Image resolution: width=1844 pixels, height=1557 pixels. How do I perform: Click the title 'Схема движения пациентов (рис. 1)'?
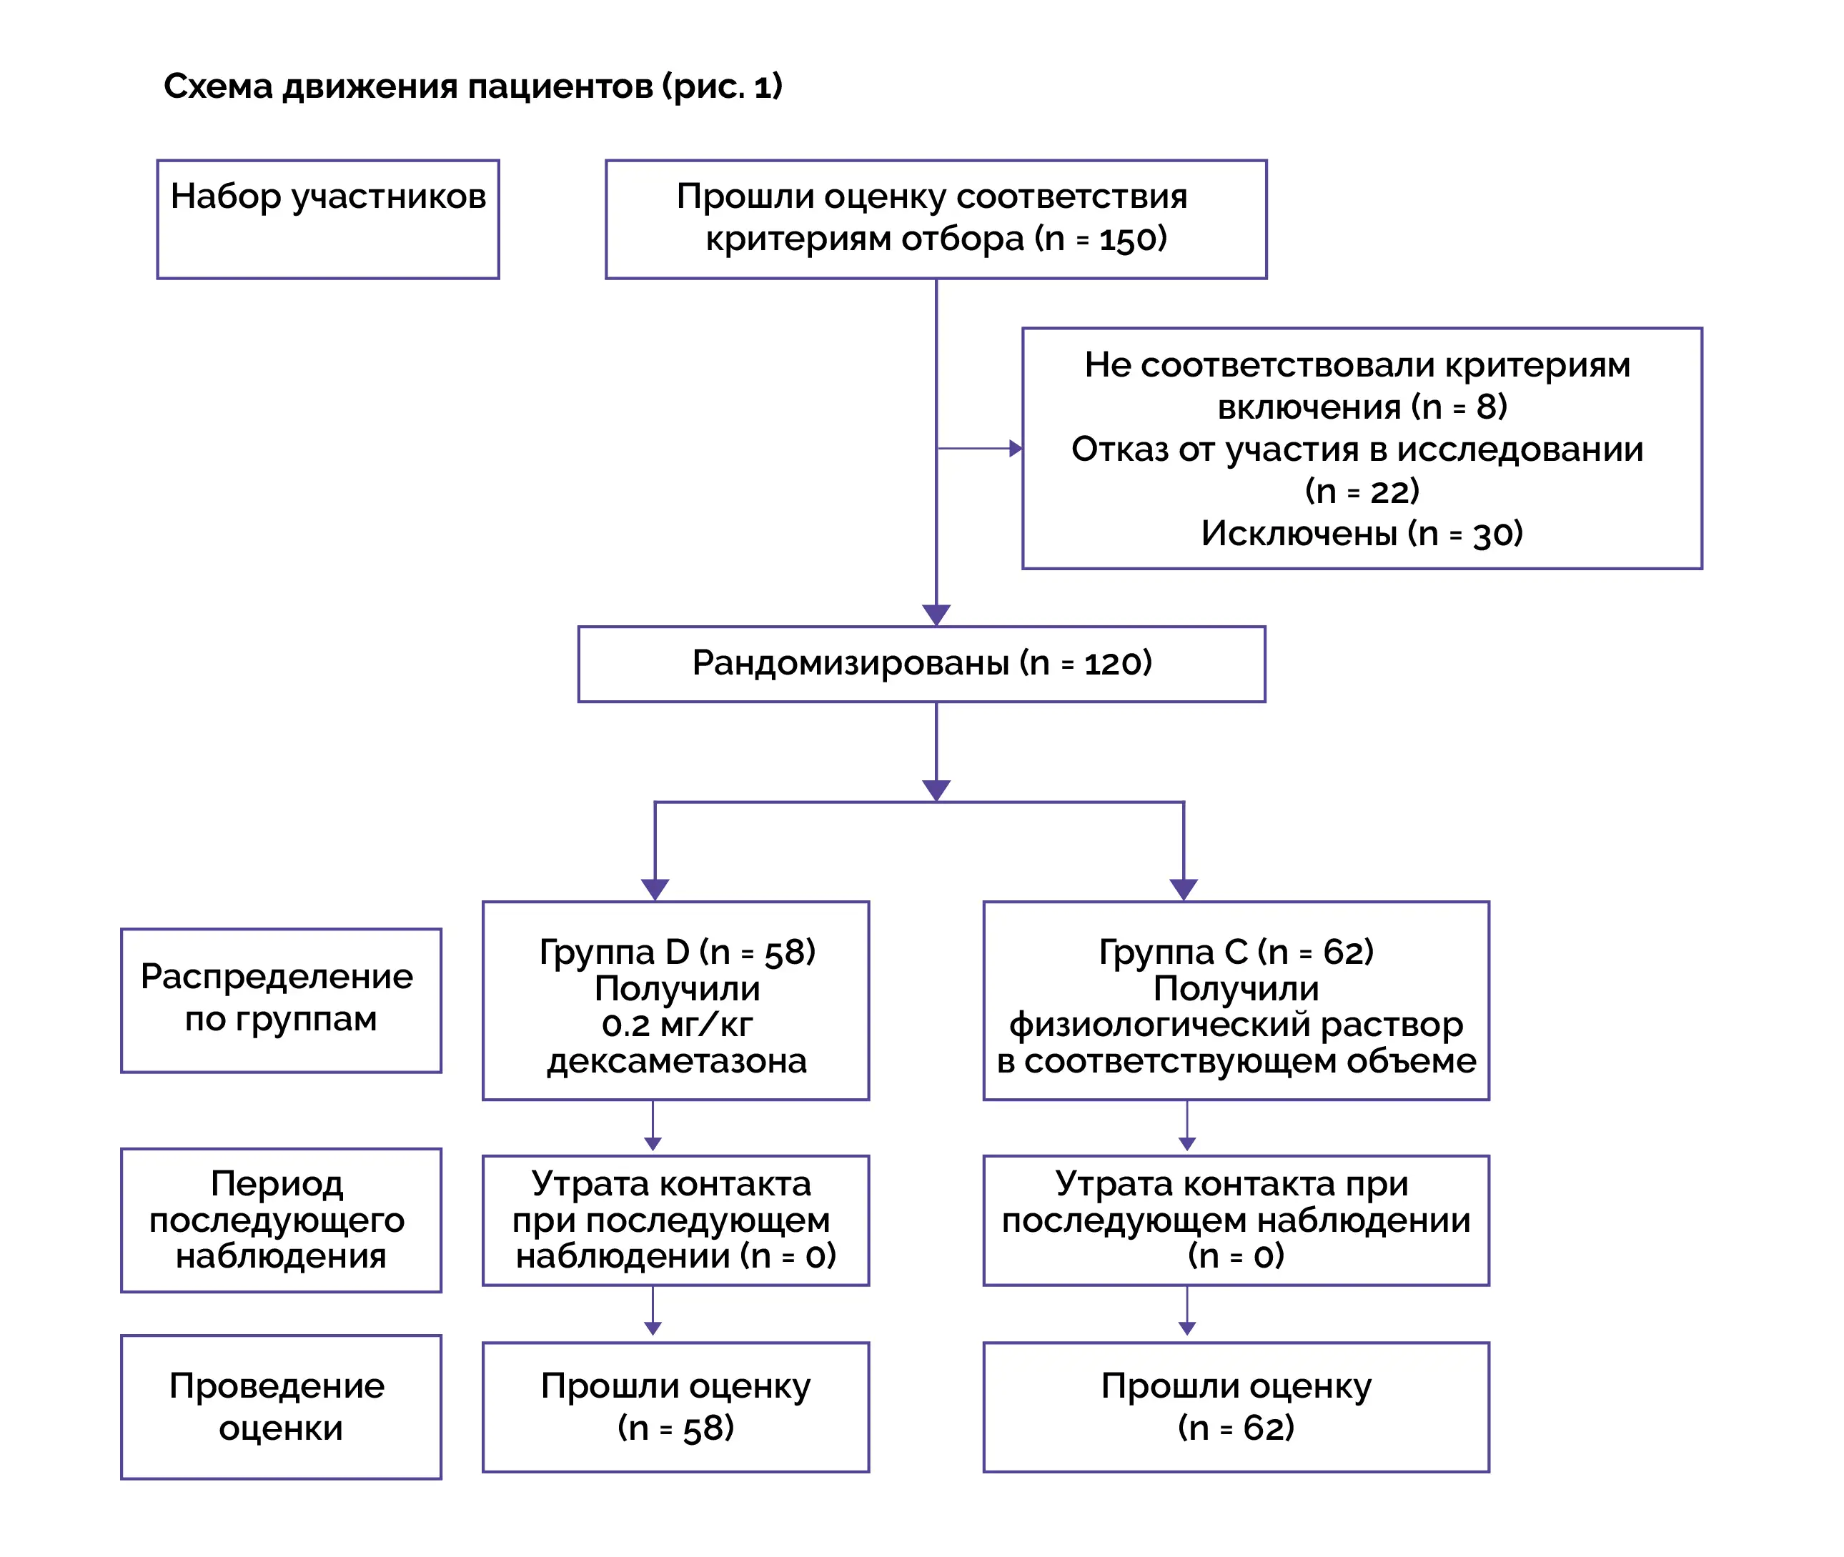[473, 86]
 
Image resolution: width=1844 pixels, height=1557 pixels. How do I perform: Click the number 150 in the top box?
[1126, 239]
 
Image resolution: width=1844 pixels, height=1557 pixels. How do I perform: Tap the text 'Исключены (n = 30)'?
[1362, 533]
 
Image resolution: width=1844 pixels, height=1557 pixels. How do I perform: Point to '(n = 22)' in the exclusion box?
[1362, 491]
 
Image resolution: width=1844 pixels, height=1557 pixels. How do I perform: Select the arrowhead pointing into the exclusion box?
[1016, 449]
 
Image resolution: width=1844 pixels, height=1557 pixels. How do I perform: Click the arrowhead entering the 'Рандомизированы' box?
[936, 615]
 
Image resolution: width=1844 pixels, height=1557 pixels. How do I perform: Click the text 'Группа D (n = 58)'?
[677, 952]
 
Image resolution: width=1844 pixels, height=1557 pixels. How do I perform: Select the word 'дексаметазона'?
[677, 1061]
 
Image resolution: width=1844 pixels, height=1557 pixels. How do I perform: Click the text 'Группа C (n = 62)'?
[1236, 952]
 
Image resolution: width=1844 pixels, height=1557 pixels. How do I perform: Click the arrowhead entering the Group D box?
[655, 890]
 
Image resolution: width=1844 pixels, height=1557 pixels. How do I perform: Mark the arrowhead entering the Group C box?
[1184, 890]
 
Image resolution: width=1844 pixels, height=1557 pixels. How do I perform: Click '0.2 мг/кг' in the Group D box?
[677, 1025]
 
